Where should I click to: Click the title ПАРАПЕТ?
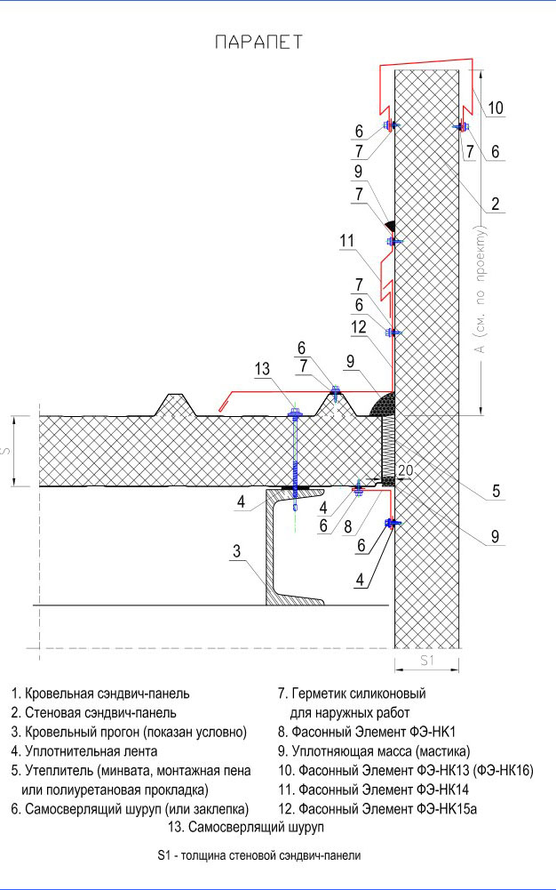pyautogui.click(x=259, y=43)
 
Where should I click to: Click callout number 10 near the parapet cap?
pyautogui.click(x=496, y=108)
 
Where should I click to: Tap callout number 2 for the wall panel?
pyautogui.click(x=496, y=204)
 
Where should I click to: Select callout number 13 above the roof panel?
pyautogui.click(x=262, y=369)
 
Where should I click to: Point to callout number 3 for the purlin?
pyautogui.click(x=236, y=551)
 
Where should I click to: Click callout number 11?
pyautogui.click(x=347, y=241)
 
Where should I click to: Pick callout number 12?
pyautogui.click(x=359, y=327)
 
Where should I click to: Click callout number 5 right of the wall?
pyautogui.click(x=496, y=491)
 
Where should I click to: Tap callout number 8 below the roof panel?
pyautogui.click(x=348, y=526)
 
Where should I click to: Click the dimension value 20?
pyautogui.click(x=405, y=470)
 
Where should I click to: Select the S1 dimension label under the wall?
pyautogui.click(x=427, y=660)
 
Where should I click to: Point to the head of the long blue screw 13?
pyautogui.click(x=295, y=411)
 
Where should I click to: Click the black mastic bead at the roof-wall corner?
pyautogui.click(x=382, y=405)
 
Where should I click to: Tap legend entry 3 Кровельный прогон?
pyautogui.click(x=129, y=733)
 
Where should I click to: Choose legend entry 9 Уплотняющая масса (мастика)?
pyautogui.click(x=374, y=751)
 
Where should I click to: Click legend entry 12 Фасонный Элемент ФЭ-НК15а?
pyautogui.click(x=377, y=809)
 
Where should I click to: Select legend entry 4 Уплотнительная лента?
pyautogui.click(x=84, y=751)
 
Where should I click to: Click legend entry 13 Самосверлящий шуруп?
pyautogui.click(x=246, y=827)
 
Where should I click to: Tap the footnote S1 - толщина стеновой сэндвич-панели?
pyautogui.click(x=259, y=855)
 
